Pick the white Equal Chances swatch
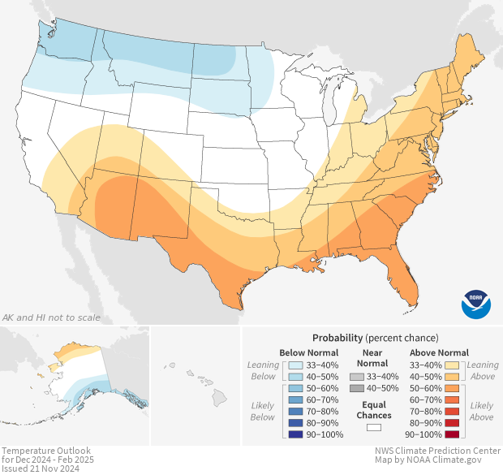pyautogui.click(x=374, y=425)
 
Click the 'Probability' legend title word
pyautogui.click(x=337, y=337)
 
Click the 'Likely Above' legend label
pyautogui.click(x=482, y=411)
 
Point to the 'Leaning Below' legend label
pyautogui.click(x=263, y=370)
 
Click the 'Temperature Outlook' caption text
pyautogui.click(x=46, y=451)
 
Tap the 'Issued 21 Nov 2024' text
pyautogui.click(x=41, y=469)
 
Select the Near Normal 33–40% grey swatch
pyautogui.click(x=356, y=377)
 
